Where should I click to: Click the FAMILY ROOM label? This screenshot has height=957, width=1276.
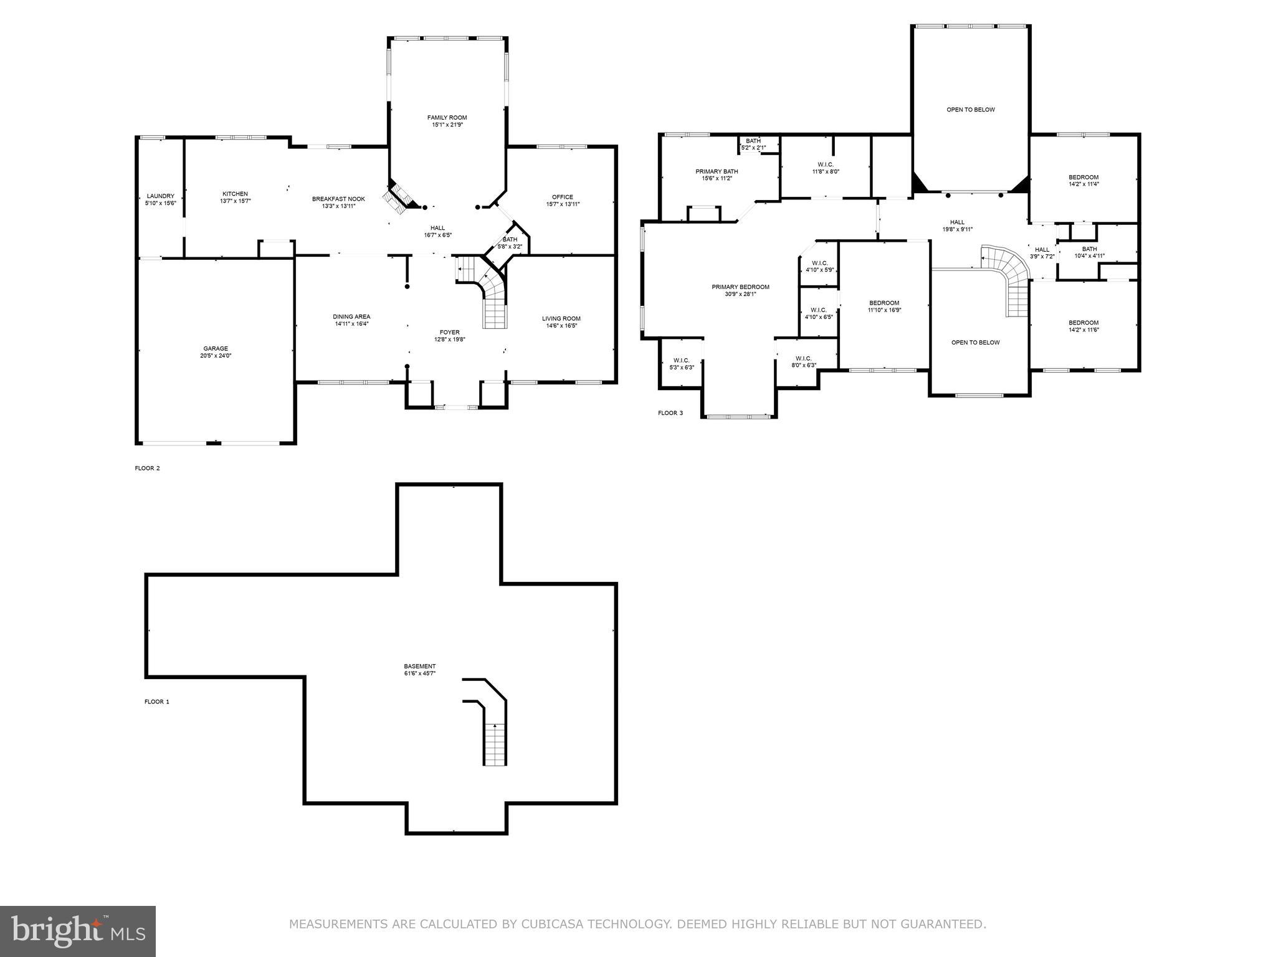pyautogui.click(x=447, y=118)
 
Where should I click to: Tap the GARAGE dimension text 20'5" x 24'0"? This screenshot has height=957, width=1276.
pyautogui.click(x=215, y=356)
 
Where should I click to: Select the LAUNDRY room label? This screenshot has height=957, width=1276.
pyautogui.click(x=160, y=196)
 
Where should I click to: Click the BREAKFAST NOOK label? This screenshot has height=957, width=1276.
pyautogui.click(x=338, y=199)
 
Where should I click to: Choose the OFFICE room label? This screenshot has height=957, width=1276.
pyautogui.click(x=562, y=197)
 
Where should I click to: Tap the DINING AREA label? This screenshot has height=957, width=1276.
pyautogui.click(x=351, y=317)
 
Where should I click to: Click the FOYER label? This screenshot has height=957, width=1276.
pyautogui.click(x=449, y=333)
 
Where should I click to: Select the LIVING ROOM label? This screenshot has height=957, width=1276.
pyautogui.click(x=561, y=318)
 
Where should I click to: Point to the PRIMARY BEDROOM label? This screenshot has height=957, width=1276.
pyautogui.click(x=740, y=287)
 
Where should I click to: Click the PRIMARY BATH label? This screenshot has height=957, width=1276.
pyautogui.click(x=717, y=171)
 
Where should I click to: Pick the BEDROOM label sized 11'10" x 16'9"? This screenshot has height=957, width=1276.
pyautogui.click(x=884, y=303)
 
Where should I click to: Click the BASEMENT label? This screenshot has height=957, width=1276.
pyautogui.click(x=419, y=666)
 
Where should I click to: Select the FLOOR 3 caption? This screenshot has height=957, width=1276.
pyautogui.click(x=670, y=412)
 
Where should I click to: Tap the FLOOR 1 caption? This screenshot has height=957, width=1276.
pyautogui.click(x=157, y=702)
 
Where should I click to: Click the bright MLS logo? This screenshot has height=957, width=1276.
pyautogui.click(x=78, y=931)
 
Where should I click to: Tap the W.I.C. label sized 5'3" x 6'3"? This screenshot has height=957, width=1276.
pyautogui.click(x=681, y=360)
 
